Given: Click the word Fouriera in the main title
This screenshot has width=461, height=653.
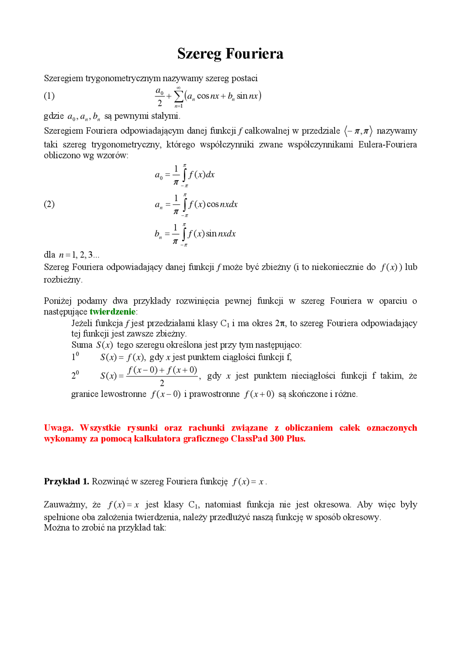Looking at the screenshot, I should [254, 54].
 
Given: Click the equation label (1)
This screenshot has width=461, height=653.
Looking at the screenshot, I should [49, 96].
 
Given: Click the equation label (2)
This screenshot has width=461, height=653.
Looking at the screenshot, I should [49, 204].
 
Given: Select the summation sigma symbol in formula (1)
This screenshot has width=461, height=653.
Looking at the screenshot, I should [178, 96].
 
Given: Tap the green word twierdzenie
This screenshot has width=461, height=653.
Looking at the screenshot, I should [112, 312].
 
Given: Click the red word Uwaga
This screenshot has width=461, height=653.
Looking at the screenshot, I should [58, 428].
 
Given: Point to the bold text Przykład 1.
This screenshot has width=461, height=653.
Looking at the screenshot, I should [66, 481].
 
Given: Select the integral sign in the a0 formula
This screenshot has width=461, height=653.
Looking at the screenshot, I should [184, 175].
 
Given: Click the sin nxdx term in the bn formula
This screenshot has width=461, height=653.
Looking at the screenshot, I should [221, 234].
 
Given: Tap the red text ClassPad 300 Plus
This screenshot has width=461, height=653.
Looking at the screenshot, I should [268, 439].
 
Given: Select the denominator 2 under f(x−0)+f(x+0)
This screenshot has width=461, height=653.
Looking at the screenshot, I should [162, 383].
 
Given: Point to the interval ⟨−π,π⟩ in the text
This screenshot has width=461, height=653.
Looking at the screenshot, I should [358, 131].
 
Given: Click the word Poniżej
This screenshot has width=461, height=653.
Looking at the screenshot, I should [58, 301].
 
